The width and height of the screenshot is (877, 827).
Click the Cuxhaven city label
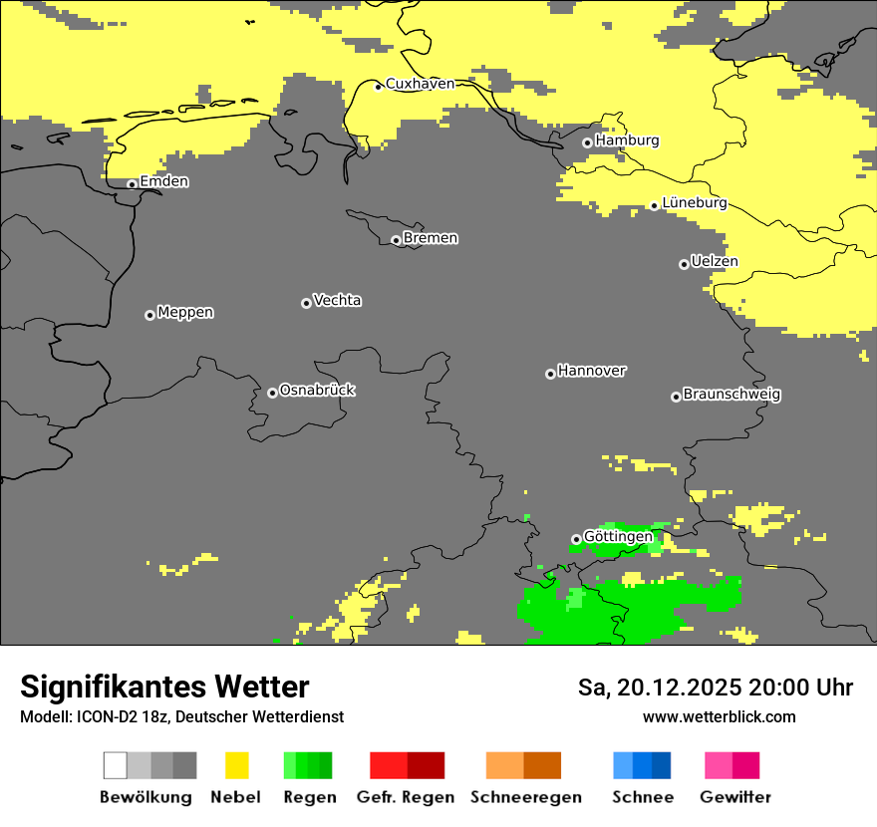pos(420,84)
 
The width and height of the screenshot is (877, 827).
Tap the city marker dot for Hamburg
pos(587,142)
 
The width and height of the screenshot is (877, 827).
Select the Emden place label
pos(163,181)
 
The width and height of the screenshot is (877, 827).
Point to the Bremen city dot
pos(396,240)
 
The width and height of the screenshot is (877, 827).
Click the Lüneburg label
pos(694,202)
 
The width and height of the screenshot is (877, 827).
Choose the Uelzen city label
pos(714,261)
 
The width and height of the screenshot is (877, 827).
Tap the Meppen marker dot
pos(149,315)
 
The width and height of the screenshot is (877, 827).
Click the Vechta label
pos(337,300)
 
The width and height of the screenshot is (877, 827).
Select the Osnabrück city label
pos(317,390)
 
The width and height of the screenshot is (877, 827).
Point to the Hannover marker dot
pos(550,374)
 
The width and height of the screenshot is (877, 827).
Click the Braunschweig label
pos(731,394)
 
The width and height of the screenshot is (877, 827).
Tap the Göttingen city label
pos(618,536)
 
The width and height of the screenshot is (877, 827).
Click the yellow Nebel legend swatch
pos(236,765)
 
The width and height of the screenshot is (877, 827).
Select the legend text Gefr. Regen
pos(406,797)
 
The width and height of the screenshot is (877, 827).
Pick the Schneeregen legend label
pos(525,797)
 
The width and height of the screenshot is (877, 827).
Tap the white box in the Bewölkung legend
pos(115,765)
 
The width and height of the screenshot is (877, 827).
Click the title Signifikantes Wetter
pos(164,687)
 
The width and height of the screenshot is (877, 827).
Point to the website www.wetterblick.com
pos(719,717)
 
